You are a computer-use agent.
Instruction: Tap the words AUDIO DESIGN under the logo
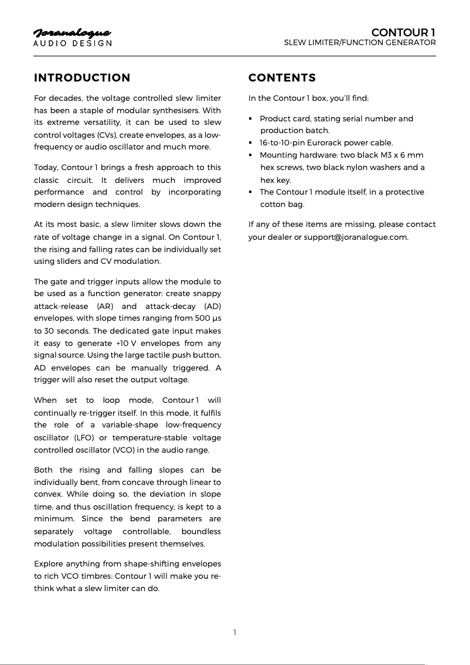click(x=72, y=43)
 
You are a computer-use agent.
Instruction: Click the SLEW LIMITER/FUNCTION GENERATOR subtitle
click(x=360, y=43)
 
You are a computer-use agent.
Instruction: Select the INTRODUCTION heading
click(x=82, y=78)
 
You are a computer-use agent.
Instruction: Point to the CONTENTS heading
click(x=282, y=78)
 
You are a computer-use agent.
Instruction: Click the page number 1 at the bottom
click(x=235, y=632)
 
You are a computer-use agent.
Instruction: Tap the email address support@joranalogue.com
click(x=356, y=237)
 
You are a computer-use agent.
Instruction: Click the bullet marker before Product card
click(x=251, y=118)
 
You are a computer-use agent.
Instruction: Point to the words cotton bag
click(x=282, y=204)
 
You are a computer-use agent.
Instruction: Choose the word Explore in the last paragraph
click(x=49, y=564)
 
